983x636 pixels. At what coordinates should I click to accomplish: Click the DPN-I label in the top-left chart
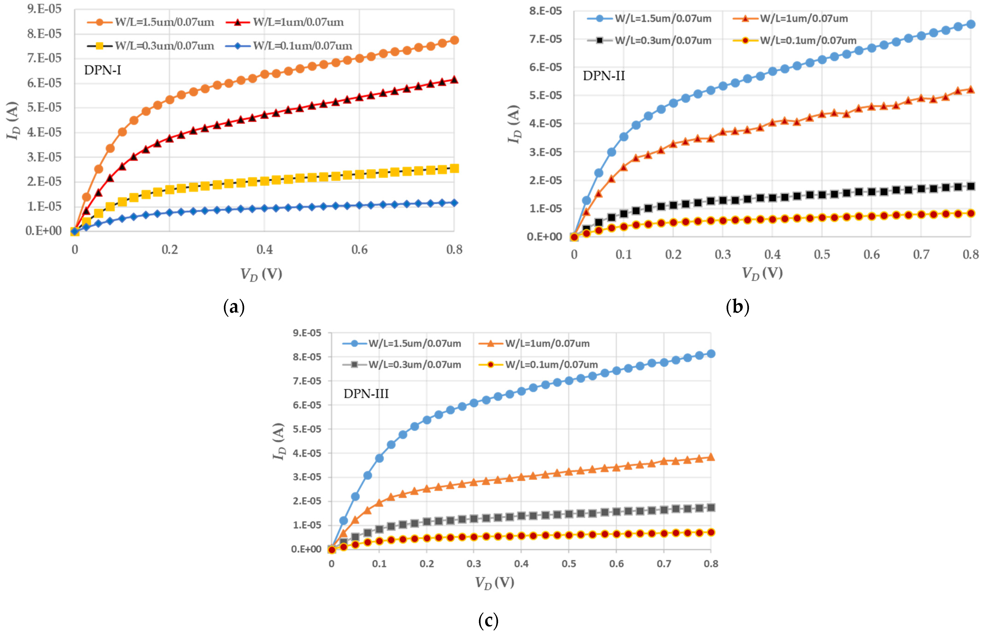[102, 70]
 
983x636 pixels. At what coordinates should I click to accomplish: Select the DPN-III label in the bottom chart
[366, 394]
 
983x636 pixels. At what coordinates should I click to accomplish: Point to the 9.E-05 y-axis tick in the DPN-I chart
[44, 9]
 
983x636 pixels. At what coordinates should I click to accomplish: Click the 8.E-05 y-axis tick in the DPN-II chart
[545, 11]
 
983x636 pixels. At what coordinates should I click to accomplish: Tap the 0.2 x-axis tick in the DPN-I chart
[169, 249]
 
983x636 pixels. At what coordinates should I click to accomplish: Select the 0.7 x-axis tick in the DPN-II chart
[921, 254]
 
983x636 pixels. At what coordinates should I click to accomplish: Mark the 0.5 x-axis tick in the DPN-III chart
[569, 564]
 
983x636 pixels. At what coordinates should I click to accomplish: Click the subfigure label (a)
[234, 307]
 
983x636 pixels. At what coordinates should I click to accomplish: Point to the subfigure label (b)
[737, 307]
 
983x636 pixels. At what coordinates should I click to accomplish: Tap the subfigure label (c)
[488, 621]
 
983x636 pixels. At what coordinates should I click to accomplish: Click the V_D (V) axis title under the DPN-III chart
[494, 583]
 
